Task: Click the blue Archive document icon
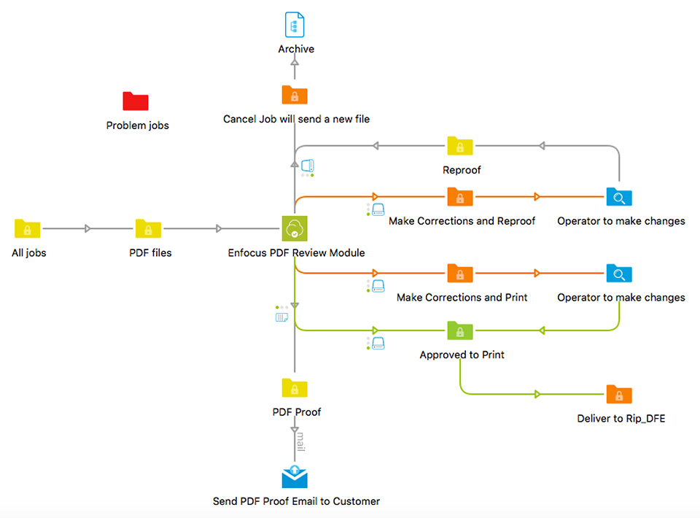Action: (295, 25)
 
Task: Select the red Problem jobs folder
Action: (136, 101)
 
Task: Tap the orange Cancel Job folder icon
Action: (295, 95)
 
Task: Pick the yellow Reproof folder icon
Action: (460, 146)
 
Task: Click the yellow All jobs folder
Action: (27, 228)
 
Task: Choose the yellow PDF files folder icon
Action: (148, 228)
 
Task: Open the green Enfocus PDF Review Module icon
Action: (295, 228)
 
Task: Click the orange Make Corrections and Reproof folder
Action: (460, 196)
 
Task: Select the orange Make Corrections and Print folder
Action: (460, 273)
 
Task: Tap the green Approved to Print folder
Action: (460, 330)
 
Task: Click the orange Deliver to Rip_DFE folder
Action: (619, 394)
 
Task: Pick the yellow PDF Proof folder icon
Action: (295, 387)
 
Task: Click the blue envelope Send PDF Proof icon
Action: (295, 477)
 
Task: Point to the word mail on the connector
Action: (301, 441)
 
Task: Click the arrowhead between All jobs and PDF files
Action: (87, 228)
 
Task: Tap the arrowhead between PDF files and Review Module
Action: (218, 228)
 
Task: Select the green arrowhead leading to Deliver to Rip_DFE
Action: (537, 394)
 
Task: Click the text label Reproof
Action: (462, 170)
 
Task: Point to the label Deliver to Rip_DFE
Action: (621, 419)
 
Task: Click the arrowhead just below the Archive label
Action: (295, 63)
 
